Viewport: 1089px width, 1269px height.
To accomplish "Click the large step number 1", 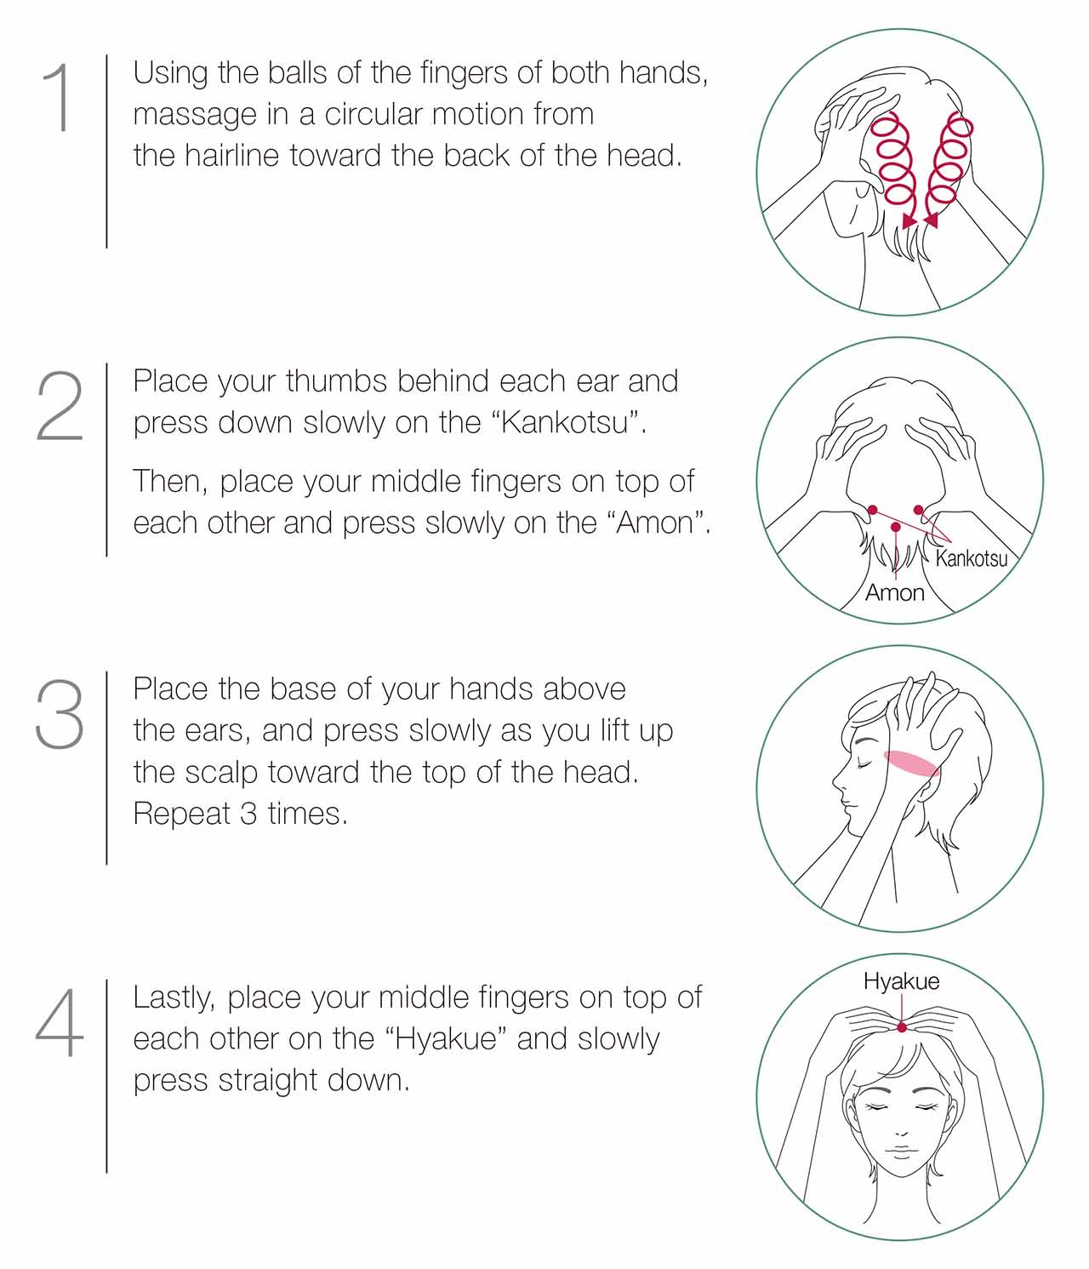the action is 59,96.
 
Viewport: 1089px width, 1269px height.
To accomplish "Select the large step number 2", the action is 60,405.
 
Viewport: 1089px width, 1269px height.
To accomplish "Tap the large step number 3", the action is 60,713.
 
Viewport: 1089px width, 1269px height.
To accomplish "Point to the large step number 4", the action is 59,1022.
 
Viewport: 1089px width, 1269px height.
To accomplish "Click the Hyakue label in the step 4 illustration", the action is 901,981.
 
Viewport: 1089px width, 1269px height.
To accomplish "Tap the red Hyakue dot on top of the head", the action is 901,1027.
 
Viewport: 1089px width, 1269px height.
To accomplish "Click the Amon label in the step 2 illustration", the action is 894,592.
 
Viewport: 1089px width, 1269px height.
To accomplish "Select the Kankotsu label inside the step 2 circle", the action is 972,558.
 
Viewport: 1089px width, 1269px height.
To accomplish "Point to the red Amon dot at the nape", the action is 896,527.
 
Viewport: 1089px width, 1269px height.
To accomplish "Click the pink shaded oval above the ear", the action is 911,763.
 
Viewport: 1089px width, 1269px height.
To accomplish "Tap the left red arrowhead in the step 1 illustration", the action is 909,221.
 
